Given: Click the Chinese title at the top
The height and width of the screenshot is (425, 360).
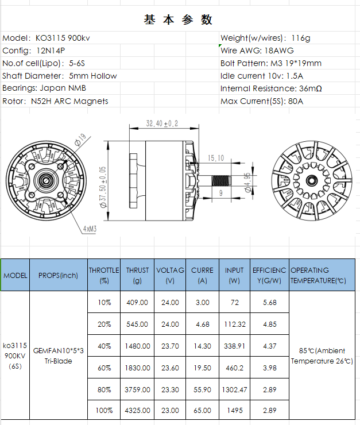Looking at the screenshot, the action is click(178, 20).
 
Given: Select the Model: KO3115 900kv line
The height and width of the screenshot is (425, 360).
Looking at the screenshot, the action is click(46, 38).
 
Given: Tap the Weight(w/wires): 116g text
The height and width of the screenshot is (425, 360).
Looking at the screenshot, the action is click(265, 38).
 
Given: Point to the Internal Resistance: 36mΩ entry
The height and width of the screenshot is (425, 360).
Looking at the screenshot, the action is click(271, 88).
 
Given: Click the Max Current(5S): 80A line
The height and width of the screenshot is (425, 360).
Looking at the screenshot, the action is click(262, 101).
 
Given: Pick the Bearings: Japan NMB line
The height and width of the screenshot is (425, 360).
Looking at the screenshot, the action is click(44, 88).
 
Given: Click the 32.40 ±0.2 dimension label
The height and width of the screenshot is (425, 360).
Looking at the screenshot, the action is click(162, 123).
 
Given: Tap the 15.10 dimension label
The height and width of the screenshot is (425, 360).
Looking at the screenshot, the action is click(216, 158).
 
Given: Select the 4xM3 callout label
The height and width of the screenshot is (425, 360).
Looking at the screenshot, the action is click(90, 229).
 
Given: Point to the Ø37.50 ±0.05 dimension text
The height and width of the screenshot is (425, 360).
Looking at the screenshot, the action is click(103, 187).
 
